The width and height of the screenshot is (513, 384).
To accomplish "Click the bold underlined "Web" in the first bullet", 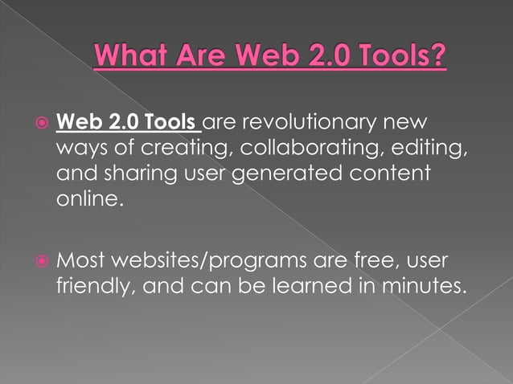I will (80, 125).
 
